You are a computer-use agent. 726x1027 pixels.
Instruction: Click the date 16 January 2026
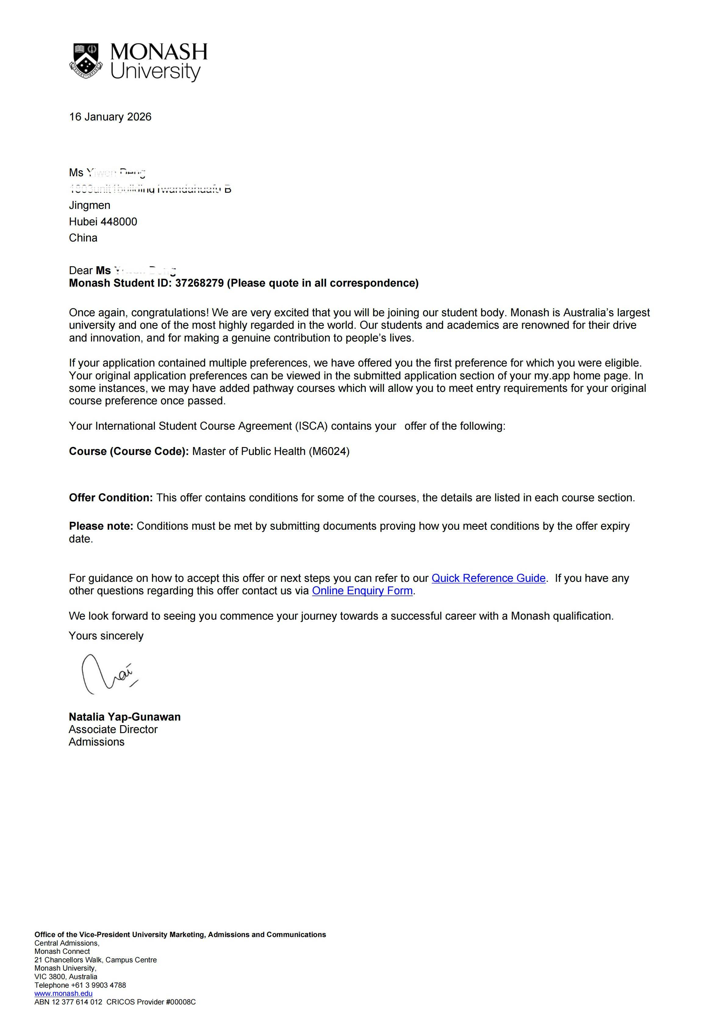tap(110, 117)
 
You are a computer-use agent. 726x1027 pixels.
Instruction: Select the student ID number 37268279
tap(199, 283)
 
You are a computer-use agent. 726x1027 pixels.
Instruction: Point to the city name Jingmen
tap(89, 205)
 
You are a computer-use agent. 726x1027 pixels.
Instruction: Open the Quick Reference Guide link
tap(488, 578)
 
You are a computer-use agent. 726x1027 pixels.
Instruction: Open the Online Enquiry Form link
tap(362, 591)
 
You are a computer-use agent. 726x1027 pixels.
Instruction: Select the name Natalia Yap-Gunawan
tap(124, 717)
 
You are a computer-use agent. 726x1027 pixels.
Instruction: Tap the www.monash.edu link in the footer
tap(63, 993)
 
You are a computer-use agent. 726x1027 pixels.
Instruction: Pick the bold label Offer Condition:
tap(110, 498)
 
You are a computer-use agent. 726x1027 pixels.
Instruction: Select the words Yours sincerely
tap(106, 636)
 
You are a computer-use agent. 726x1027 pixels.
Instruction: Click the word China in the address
tap(83, 238)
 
